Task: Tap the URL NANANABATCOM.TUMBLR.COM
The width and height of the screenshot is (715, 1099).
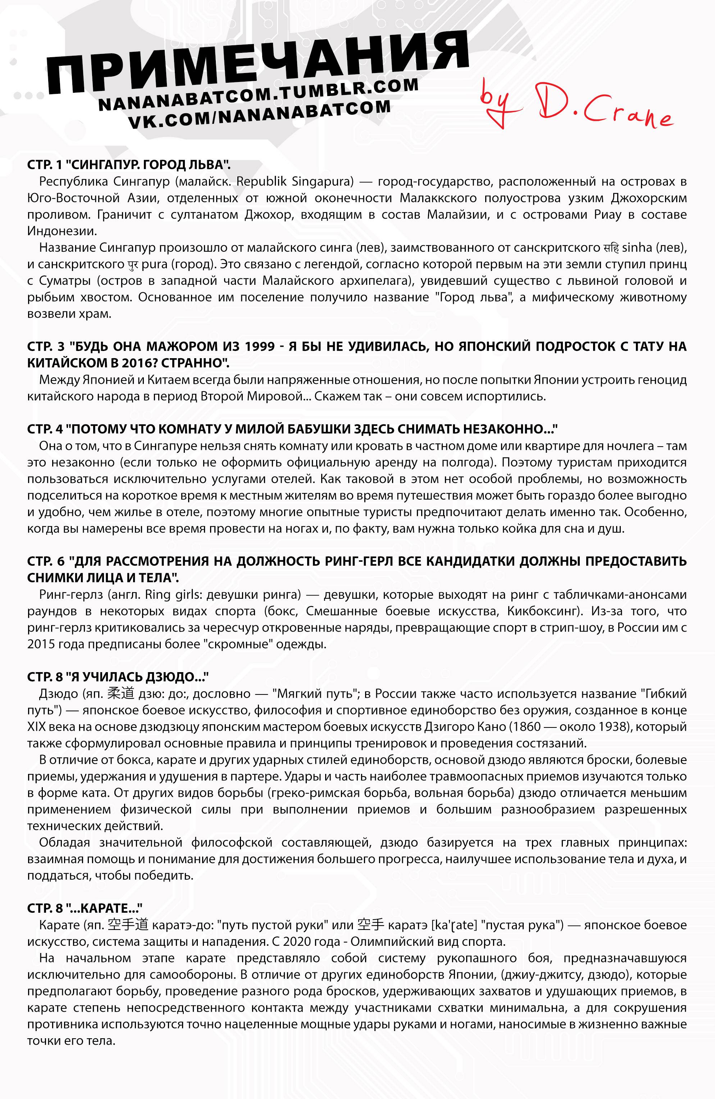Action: coord(259,95)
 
